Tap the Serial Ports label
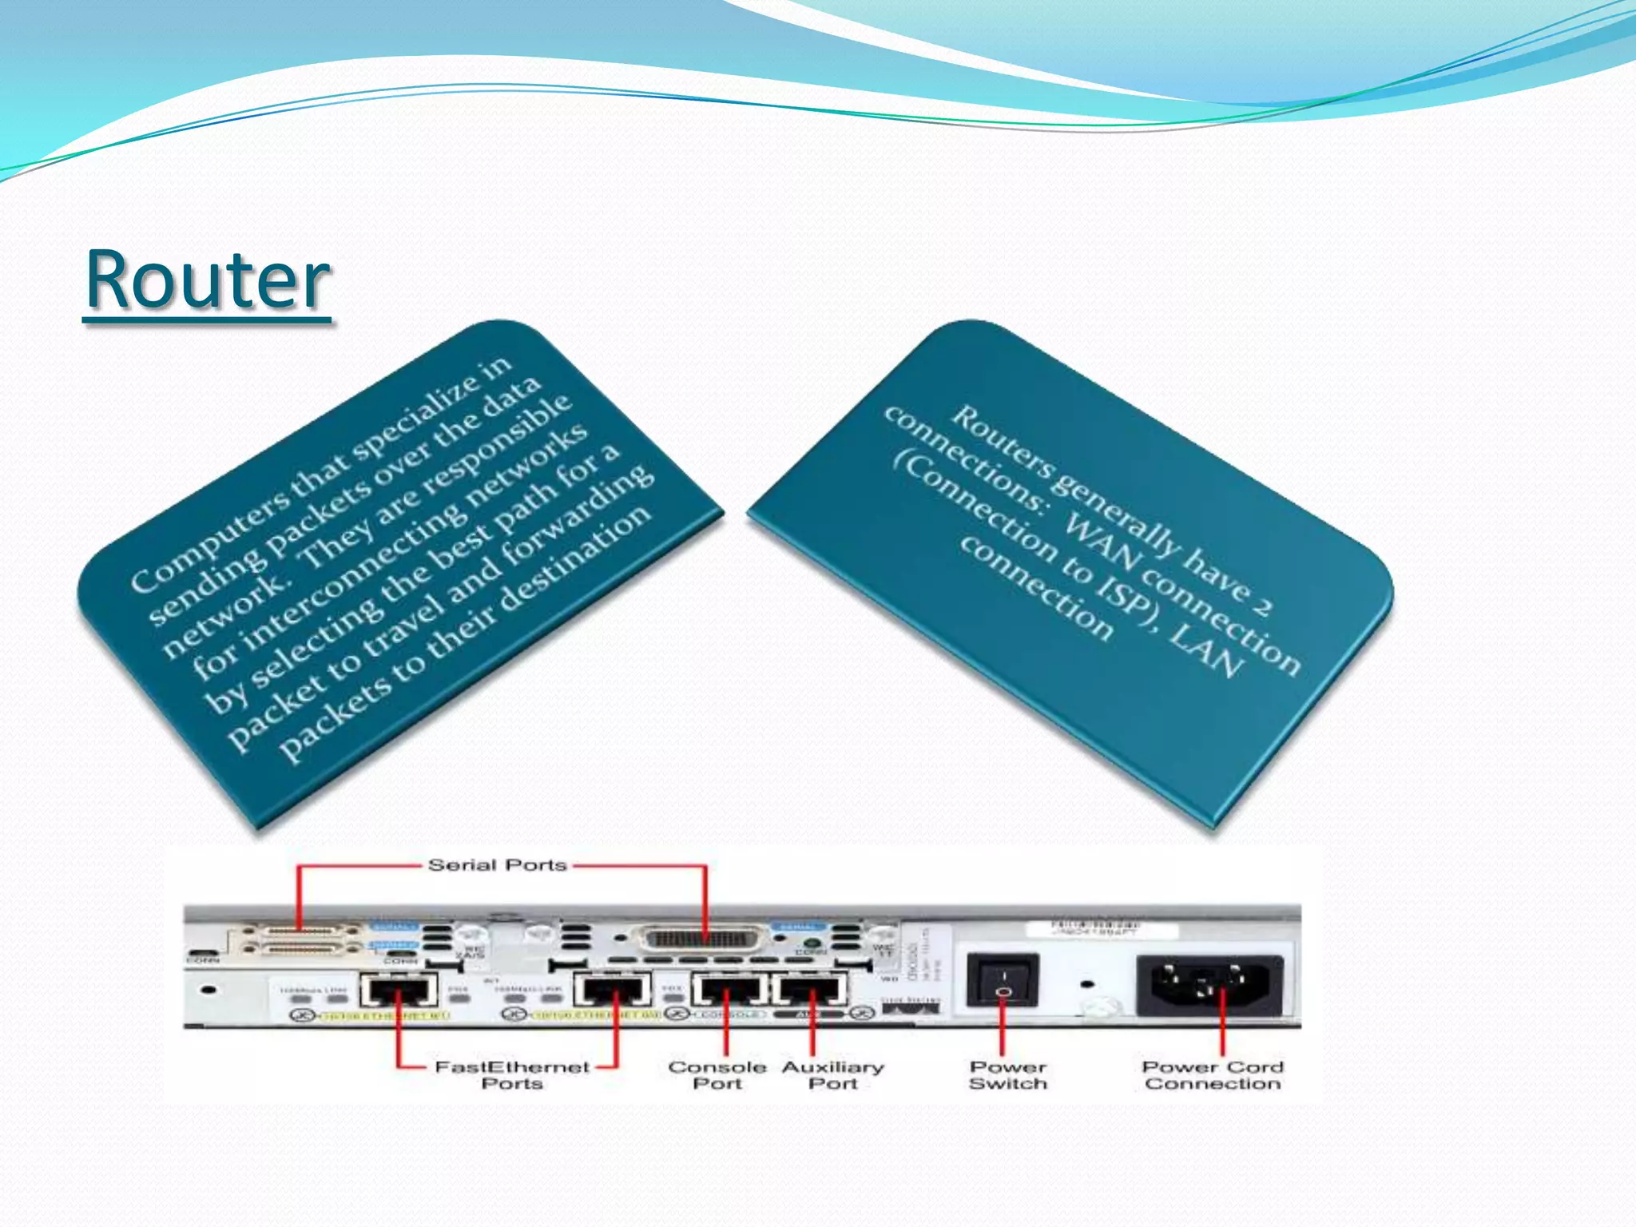[x=497, y=865]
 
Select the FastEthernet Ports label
[x=512, y=1075]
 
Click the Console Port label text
[x=717, y=1075]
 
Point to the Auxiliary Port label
[x=832, y=1075]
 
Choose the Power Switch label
[x=1007, y=1075]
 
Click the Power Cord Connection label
[x=1212, y=1075]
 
